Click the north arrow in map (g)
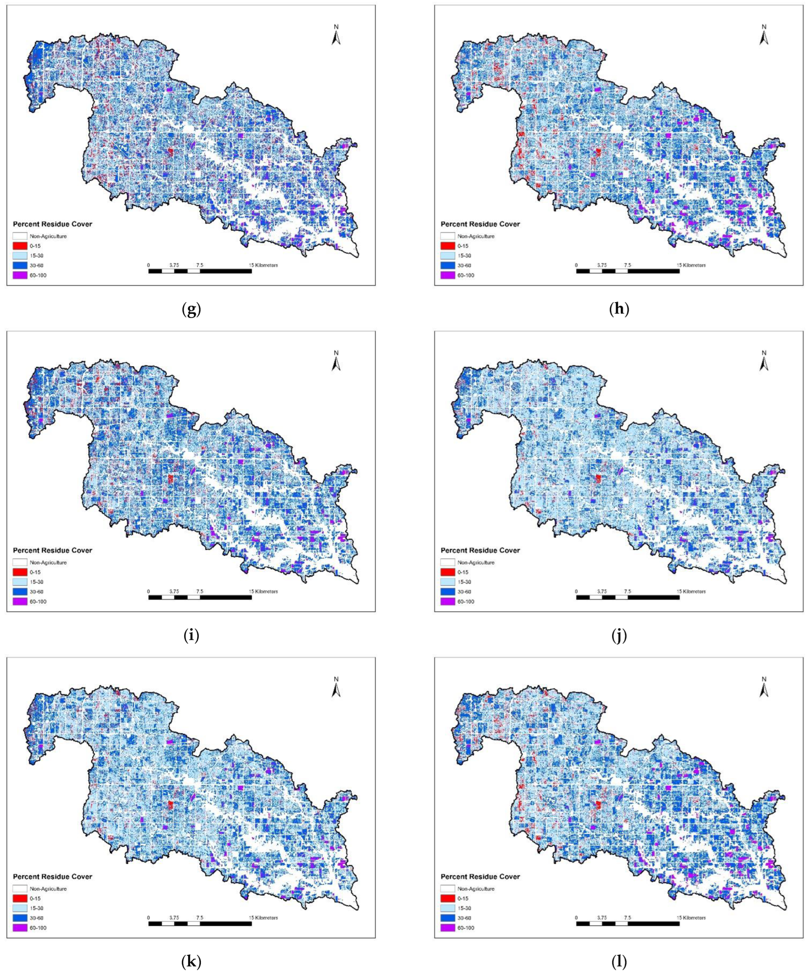pyautogui.click(x=336, y=36)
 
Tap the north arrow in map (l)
pyautogui.click(x=764, y=827)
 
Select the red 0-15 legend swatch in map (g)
pyautogui.click(x=20, y=246)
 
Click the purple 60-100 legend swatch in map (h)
pyautogui.click(x=448, y=275)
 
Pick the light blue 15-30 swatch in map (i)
pyautogui.click(x=20, y=582)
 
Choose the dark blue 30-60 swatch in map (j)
pyautogui.click(x=448, y=592)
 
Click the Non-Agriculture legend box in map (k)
pyautogui.click(x=20, y=889)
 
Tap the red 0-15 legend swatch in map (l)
pyautogui.click(x=448, y=898)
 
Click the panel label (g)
pyautogui.click(x=191, y=310)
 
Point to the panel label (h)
pyautogui.click(x=619, y=310)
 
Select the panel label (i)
pyautogui.click(x=191, y=636)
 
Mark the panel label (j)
pyautogui.click(x=619, y=636)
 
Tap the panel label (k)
pyautogui.click(x=191, y=962)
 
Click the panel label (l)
pyautogui.click(x=619, y=962)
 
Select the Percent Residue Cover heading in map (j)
pyautogui.click(x=480, y=550)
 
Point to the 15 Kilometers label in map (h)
pyautogui.click(x=692, y=265)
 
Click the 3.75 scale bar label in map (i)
pyautogui.click(x=174, y=591)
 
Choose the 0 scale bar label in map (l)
pyautogui.click(x=577, y=918)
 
